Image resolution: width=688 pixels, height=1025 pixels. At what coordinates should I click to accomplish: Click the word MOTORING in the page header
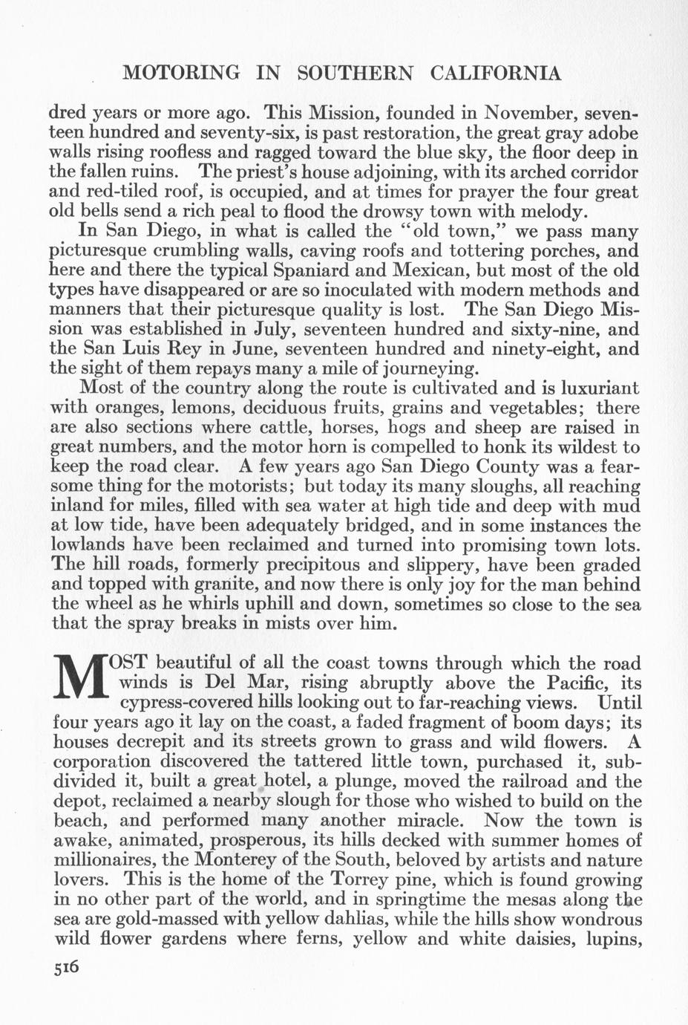click(x=181, y=73)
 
